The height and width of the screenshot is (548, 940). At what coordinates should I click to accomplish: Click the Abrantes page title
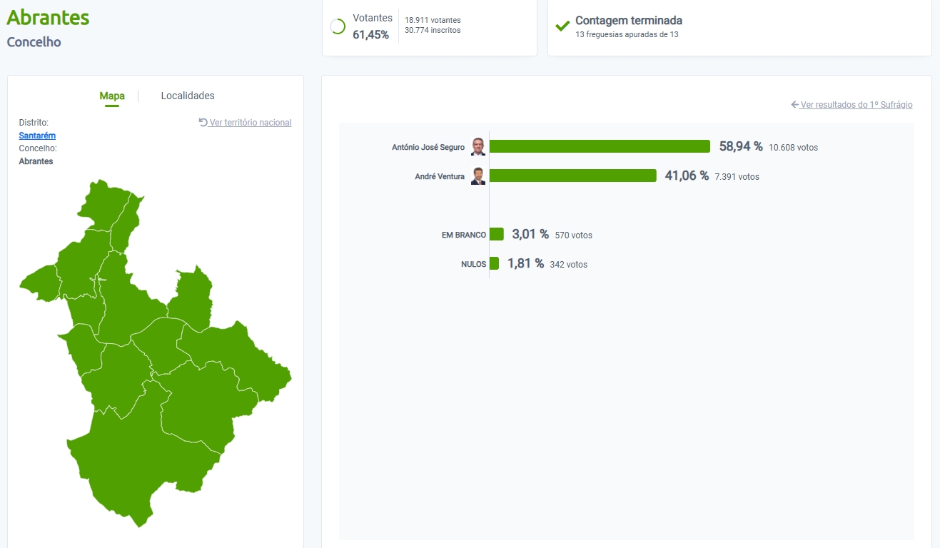point(48,17)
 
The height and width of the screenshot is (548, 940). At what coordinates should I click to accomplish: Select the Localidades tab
point(188,96)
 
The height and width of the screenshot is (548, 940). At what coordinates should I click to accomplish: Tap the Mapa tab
point(112,96)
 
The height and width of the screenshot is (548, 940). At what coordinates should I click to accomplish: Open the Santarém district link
point(37,136)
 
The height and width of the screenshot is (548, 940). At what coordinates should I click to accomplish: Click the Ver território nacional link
point(246,123)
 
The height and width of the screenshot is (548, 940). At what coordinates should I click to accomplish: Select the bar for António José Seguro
point(600,146)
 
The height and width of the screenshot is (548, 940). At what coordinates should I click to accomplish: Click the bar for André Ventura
point(572,176)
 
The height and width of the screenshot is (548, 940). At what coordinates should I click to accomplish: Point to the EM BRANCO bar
point(497,234)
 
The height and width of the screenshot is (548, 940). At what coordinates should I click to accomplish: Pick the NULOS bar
point(494,263)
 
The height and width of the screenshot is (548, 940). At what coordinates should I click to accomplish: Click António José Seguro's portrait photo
point(478,146)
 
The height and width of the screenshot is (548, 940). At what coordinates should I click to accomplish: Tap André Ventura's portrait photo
point(478,176)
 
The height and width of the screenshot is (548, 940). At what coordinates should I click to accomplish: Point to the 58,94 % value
point(740,146)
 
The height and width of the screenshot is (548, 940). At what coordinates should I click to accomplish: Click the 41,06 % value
point(686,176)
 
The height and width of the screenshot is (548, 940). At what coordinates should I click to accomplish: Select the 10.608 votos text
point(793,148)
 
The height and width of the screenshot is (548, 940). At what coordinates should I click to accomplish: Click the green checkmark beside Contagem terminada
point(562,26)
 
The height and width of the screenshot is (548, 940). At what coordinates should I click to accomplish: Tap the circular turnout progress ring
point(338,26)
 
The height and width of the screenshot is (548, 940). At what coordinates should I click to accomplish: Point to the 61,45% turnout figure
point(370,34)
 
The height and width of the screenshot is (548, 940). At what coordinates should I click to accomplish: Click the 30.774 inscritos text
point(433,30)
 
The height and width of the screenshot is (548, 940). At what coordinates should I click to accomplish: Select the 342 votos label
point(568,265)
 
